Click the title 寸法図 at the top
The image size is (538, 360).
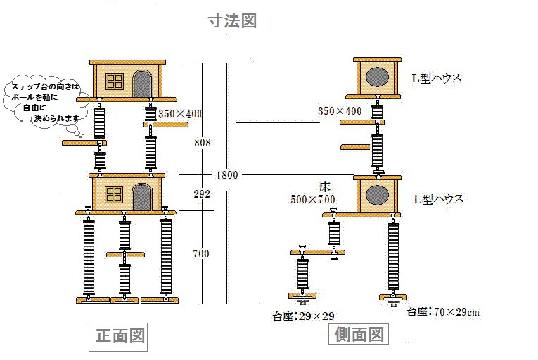tap(232, 21)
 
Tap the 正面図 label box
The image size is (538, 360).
tap(120, 336)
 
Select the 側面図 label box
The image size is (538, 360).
tap(358, 333)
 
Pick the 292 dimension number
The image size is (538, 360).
tap(202, 194)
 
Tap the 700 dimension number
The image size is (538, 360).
tap(202, 254)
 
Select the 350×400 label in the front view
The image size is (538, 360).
tap(179, 113)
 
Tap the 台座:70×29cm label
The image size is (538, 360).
tap(443, 311)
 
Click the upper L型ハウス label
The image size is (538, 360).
tap(437, 78)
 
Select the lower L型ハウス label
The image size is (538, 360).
tap(437, 199)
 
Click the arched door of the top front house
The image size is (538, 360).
tap(143, 84)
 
